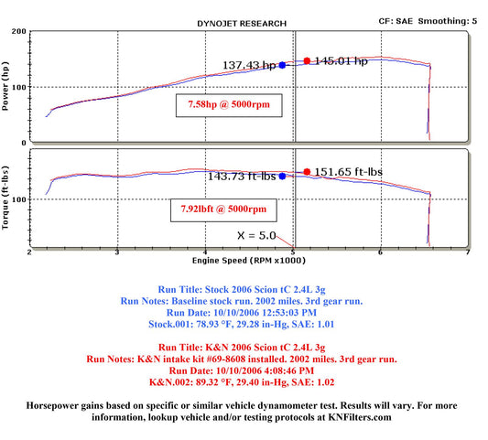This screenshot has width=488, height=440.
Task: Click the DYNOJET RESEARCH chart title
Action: (242, 24)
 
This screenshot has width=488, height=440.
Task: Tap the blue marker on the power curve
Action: (282, 65)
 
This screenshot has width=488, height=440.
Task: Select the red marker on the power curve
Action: (307, 61)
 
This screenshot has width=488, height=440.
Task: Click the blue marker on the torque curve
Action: (282, 176)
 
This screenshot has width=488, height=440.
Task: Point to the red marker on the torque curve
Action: (307, 172)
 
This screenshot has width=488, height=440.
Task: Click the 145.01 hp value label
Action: (342, 61)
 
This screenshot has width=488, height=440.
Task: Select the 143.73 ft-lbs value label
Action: (242, 177)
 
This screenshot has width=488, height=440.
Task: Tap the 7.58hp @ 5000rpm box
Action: (229, 105)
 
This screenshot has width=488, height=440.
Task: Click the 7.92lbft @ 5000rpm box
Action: (223, 210)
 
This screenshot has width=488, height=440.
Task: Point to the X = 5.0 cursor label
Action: (256, 235)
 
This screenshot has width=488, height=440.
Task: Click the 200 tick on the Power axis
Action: (19, 31)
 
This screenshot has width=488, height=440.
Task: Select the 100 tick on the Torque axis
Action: (19, 199)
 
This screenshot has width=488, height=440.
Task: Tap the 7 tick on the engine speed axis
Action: (468, 252)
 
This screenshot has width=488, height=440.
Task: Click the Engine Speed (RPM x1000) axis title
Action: (249, 261)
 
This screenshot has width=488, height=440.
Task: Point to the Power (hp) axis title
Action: (5, 86)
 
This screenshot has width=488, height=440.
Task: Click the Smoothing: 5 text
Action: (448, 21)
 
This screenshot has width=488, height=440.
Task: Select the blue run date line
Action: (242, 313)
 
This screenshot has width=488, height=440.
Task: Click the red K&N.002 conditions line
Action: (242, 382)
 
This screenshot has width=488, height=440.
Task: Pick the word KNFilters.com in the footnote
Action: (360, 417)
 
